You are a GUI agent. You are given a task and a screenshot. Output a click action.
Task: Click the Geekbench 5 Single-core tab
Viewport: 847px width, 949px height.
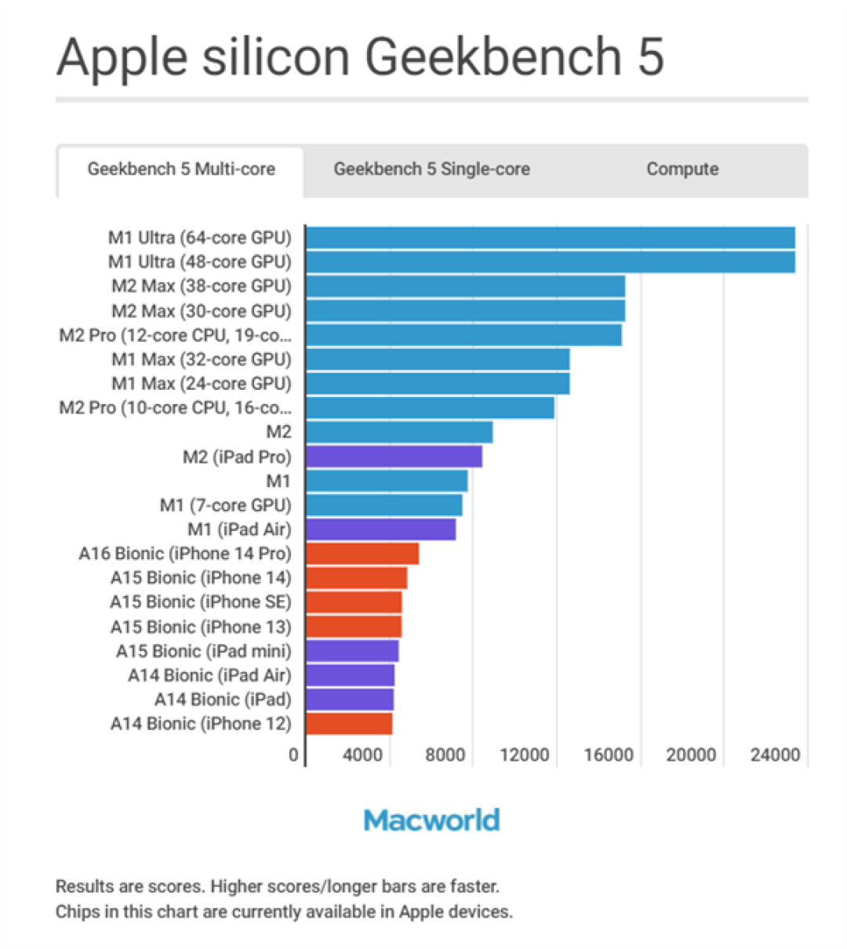click(x=431, y=169)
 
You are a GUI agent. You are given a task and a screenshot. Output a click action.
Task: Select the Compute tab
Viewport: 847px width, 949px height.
click(x=682, y=169)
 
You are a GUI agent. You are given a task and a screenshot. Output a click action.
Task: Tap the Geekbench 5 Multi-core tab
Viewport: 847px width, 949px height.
click(x=181, y=169)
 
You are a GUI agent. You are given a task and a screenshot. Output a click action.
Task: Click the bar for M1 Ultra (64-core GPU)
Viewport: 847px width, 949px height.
click(x=550, y=238)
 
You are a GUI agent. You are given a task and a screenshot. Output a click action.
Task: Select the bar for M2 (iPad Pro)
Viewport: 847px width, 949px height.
click(x=394, y=456)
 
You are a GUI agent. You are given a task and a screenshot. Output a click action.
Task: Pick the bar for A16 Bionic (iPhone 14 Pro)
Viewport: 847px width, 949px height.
click(x=362, y=554)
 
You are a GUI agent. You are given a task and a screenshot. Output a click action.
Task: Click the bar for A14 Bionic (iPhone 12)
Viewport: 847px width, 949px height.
click(x=349, y=723)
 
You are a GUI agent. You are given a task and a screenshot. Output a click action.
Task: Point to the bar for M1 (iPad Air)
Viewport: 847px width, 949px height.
click(x=380, y=529)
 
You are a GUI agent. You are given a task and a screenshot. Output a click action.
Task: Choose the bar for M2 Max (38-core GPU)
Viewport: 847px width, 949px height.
click(x=465, y=286)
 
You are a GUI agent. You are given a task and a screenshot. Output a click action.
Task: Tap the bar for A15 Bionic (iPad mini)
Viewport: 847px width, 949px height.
click(x=352, y=651)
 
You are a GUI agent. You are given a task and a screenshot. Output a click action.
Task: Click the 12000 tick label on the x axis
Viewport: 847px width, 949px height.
click(x=524, y=754)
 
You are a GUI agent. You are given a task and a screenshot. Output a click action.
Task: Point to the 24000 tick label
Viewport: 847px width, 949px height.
click(x=775, y=754)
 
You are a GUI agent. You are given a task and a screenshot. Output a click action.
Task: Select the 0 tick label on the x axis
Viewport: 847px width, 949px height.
click(x=293, y=754)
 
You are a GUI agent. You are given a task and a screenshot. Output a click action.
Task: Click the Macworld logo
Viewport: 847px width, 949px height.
click(x=431, y=820)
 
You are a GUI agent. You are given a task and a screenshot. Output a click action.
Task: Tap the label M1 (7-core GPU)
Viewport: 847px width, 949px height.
click(x=225, y=505)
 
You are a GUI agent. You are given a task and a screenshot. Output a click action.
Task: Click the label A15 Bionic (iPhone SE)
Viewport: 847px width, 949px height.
click(x=200, y=602)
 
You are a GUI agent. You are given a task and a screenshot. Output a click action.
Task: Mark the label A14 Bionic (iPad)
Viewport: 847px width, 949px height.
click(x=223, y=700)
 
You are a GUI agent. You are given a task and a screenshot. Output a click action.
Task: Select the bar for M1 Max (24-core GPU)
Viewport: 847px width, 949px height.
click(x=438, y=384)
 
